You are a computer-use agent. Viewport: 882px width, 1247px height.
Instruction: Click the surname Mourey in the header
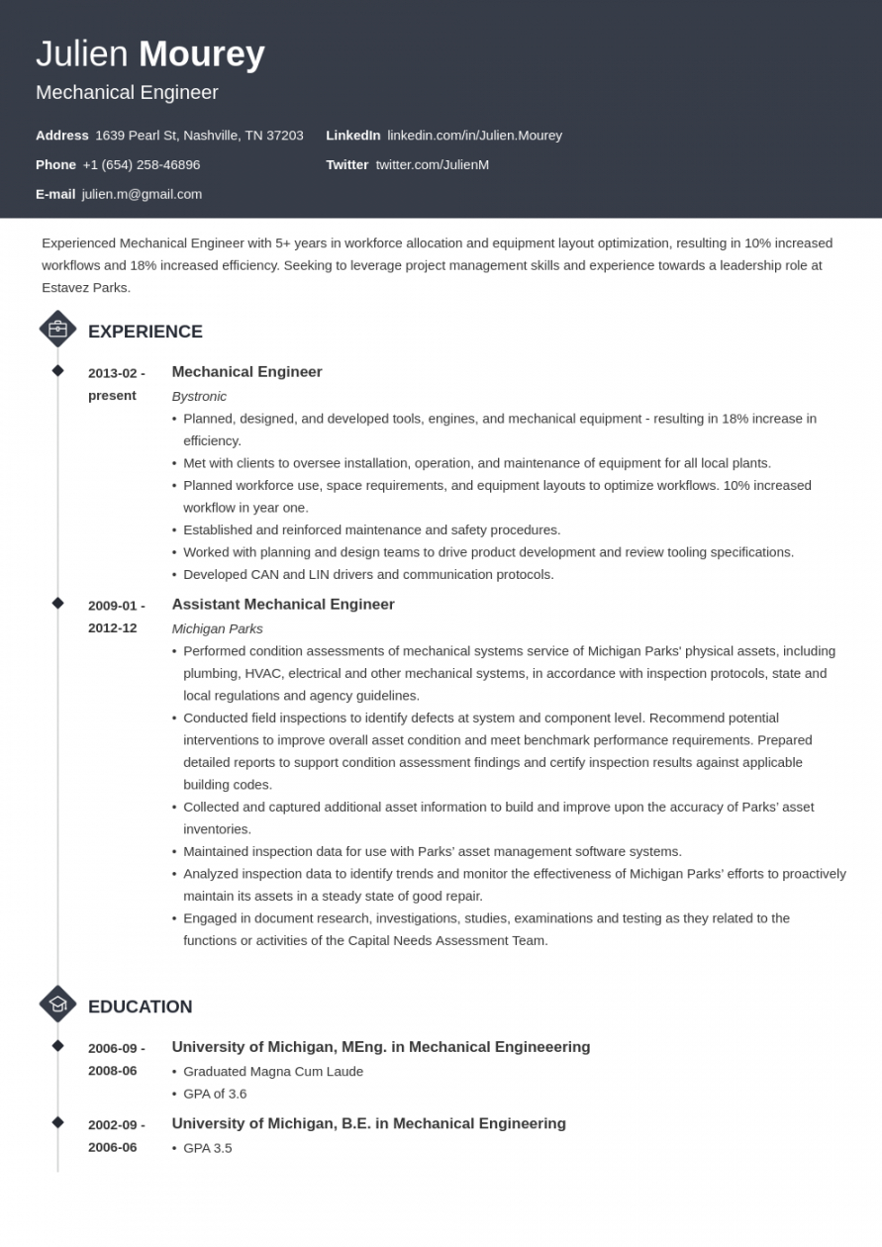point(201,54)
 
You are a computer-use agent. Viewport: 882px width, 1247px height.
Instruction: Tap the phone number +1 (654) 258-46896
point(141,164)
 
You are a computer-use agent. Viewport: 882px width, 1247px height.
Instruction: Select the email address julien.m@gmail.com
point(142,194)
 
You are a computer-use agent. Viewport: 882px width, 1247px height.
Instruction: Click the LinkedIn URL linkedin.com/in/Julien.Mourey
point(474,135)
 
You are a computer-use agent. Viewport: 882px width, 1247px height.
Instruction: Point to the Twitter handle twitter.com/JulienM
point(432,164)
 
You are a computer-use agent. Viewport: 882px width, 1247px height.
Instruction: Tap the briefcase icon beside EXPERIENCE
point(57,330)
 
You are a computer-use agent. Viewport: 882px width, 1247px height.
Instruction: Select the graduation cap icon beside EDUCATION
point(57,1005)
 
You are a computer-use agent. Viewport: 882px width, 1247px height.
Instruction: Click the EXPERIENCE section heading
point(145,332)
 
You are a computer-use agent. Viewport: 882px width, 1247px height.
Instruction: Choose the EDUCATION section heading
point(140,1007)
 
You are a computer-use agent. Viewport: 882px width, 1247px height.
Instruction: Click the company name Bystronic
point(199,396)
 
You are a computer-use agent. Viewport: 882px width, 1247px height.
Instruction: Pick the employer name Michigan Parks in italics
point(217,628)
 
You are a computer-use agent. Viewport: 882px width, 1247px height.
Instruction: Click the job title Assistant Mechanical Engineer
point(283,605)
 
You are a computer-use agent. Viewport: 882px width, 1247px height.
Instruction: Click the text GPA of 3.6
point(215,1094)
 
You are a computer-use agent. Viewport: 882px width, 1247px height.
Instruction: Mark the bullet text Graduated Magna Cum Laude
point(273,1071)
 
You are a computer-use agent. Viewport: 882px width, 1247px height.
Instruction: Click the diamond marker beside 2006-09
point(57,1046)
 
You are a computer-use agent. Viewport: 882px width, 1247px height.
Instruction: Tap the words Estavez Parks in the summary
point(85,288)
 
